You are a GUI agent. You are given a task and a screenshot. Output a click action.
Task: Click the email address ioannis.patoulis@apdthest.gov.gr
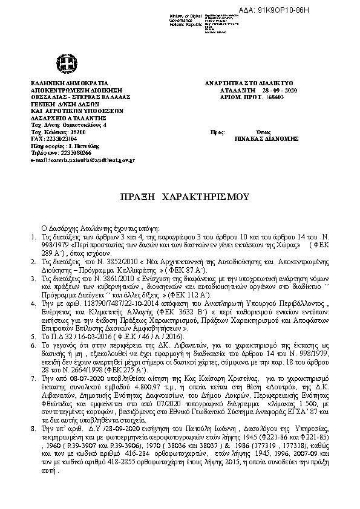82,160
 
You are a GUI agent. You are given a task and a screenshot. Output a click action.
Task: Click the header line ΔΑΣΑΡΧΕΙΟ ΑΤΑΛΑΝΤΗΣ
62,118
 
